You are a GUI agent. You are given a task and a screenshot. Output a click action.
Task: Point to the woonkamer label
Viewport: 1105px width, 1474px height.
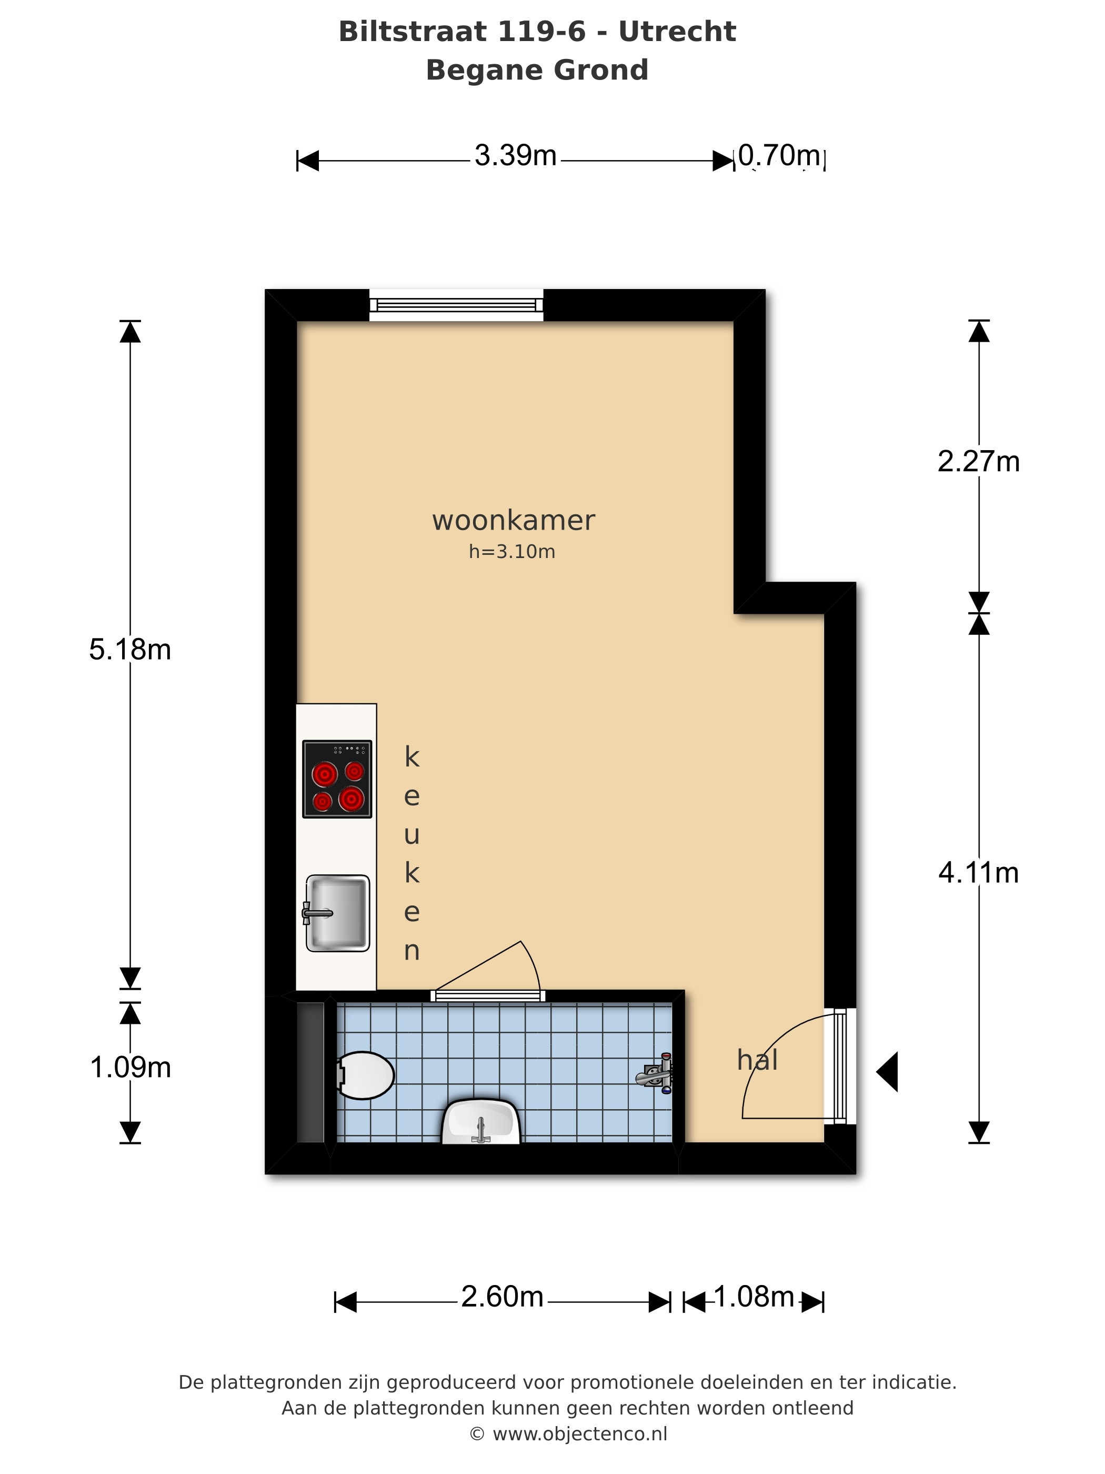coord(513,521)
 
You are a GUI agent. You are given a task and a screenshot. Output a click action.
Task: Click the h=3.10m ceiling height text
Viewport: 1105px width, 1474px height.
coord(511,551)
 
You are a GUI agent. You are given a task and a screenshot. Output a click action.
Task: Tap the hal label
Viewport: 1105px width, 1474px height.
coord(757,1060)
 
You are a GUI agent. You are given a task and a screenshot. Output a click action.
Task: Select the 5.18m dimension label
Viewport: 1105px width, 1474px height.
coord(130,649)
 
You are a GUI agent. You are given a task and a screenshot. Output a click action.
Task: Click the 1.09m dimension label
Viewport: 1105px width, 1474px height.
coord(130,1067)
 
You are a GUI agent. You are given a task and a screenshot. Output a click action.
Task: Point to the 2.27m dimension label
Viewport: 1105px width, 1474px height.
coord(978,461)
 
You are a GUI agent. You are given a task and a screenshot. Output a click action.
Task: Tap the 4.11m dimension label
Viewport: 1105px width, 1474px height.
coord(978,872)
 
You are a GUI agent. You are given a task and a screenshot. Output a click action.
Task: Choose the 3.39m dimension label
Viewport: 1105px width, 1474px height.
coord(516,155)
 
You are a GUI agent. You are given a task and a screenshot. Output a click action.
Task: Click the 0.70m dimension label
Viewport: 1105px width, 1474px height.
coord(779,155)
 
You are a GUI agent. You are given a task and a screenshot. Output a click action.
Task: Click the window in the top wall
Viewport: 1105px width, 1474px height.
coord(456,305)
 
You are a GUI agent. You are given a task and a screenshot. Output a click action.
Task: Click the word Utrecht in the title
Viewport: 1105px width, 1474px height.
coord(677,31)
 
